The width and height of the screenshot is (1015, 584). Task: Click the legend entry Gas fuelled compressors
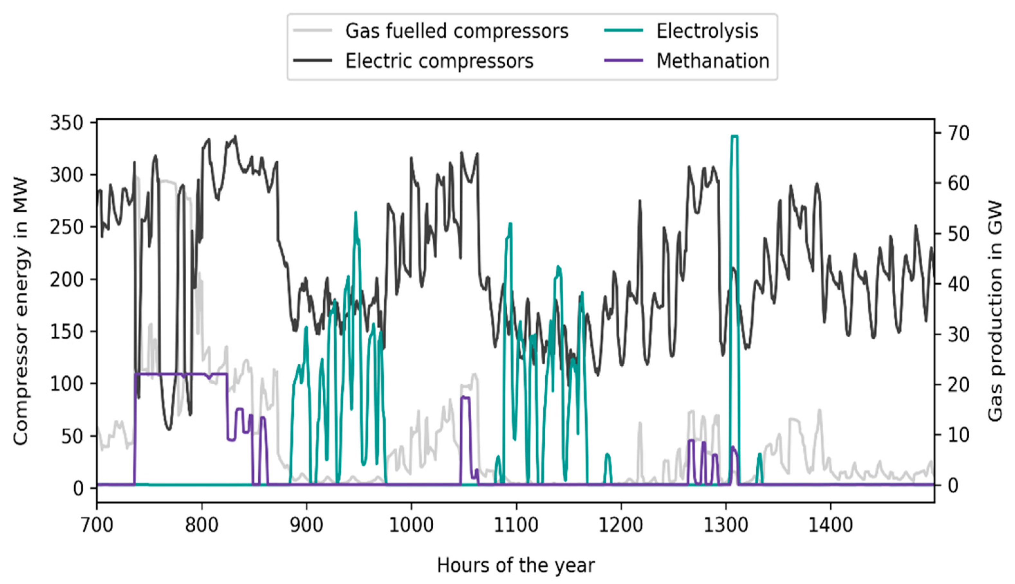point(457,31)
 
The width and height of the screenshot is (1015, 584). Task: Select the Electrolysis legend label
point(707,31)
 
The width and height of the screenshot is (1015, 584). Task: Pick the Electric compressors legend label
point(439,61)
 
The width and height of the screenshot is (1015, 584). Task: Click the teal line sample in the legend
point(623,31)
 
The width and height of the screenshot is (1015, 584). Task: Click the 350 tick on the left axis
point(66,123)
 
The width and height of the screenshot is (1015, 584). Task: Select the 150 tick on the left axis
point(66,331)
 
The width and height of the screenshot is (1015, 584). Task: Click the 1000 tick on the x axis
point(411,525)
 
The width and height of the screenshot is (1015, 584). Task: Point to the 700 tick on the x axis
point(97,525)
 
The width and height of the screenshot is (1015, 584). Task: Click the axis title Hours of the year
point(515,565)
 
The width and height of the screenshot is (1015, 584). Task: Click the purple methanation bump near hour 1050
point(465,397)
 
